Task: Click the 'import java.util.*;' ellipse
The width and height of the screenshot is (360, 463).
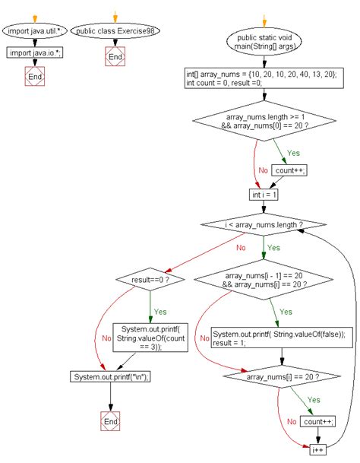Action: click(x=35, y=30)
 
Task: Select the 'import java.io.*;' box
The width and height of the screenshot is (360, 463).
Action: click(x=35, y=52)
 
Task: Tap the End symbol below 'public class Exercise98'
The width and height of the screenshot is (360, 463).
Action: click(x=115, y=56)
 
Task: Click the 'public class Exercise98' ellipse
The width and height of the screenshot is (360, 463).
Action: click(x=115, y=30)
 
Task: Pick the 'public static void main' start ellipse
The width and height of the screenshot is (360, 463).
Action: click(x=264, y=42)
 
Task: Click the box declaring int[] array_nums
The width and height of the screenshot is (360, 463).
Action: click(x=264, y=78)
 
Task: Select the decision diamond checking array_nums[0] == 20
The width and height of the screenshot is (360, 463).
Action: click(x=264, y=121)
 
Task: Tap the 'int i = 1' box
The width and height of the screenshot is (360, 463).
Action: click(x=264, y=195)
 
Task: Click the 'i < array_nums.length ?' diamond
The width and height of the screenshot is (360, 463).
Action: click(x=264, y=224)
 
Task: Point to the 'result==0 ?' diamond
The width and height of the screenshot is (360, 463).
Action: click(x=150, y=279)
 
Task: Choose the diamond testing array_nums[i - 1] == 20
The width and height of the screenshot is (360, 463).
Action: click(x=264, y=280)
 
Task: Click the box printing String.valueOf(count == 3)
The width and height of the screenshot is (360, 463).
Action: click(x=150, y=338)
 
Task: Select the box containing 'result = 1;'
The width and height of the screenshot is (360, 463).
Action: click(x=282, y=338)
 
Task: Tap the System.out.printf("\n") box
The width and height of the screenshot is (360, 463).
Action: click(x=111, y=377)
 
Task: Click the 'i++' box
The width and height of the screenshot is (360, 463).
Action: click(x=317, y=450)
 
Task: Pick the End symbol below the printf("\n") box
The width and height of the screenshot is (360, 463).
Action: click(x=110, y=421)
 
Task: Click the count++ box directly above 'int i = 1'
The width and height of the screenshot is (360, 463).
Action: click(x=289, y=170)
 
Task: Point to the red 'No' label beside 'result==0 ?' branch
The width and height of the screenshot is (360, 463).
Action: click(x=106, y=338)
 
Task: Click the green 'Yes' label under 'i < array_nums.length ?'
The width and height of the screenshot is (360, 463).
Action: click(x=273, y=247)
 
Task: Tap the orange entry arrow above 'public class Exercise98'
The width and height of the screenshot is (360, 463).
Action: click(x=115, y=17)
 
